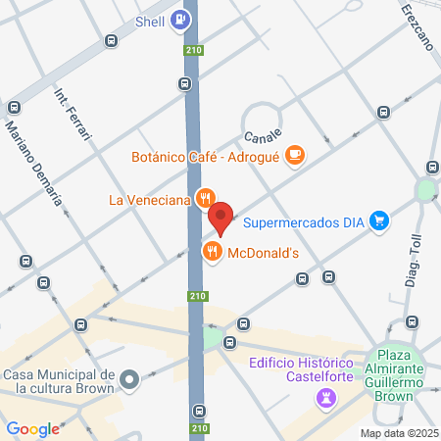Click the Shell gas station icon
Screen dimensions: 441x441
tap(179, 19)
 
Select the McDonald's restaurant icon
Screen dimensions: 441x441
tap(212, 253)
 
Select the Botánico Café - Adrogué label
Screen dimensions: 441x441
tap(206, 157)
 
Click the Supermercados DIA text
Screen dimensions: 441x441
tap(304, 221)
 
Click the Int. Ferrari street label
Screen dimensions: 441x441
tap(72, 114)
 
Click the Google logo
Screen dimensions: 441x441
tap(33, 428)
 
